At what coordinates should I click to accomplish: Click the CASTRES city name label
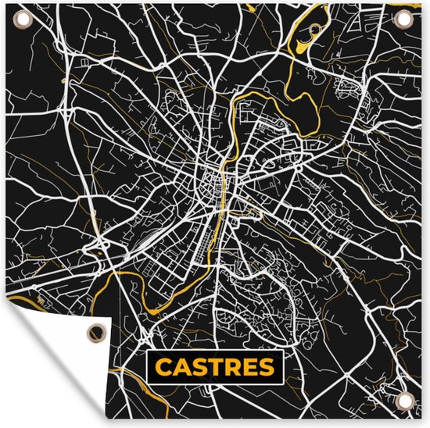click(214, 366)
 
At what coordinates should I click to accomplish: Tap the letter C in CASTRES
click(164, 366)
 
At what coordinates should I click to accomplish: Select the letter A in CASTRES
click(181, 366)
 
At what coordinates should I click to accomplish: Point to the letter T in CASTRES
click(215, 366)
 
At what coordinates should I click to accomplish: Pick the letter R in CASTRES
click(232, 366)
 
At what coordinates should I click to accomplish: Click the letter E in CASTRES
click(249, 366)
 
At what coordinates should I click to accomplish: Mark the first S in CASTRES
click(199, 366)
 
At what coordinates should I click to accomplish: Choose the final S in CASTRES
click(266, 366)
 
